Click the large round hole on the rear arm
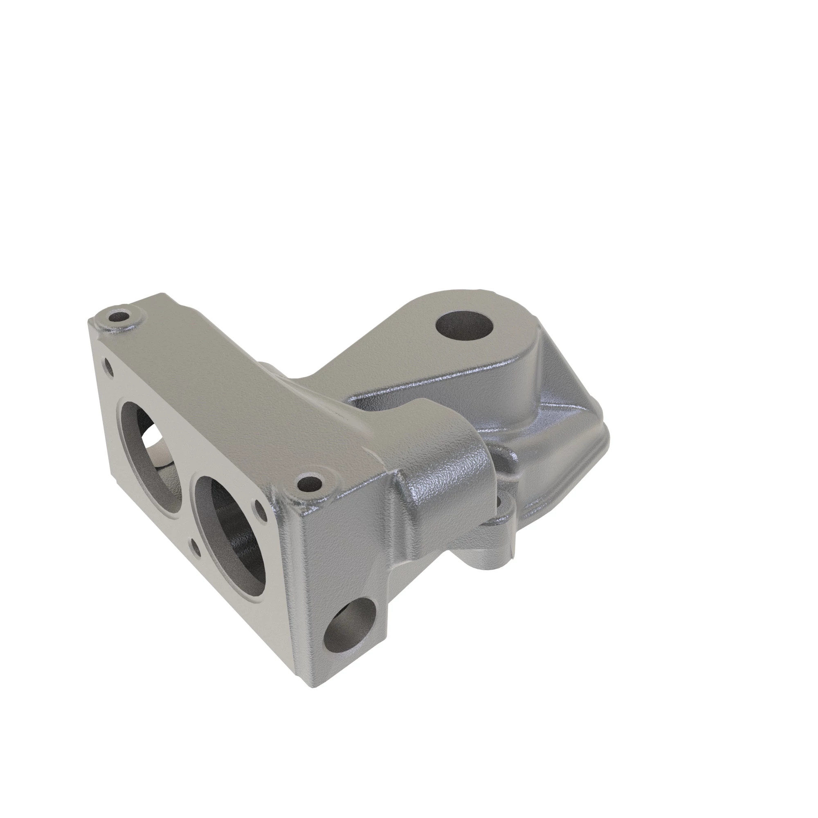coord(465,327)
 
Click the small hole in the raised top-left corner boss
coord(120,317)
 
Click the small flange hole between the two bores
coord(196,546)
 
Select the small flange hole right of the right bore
coord(259,506)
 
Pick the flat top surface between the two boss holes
coord(220,394)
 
